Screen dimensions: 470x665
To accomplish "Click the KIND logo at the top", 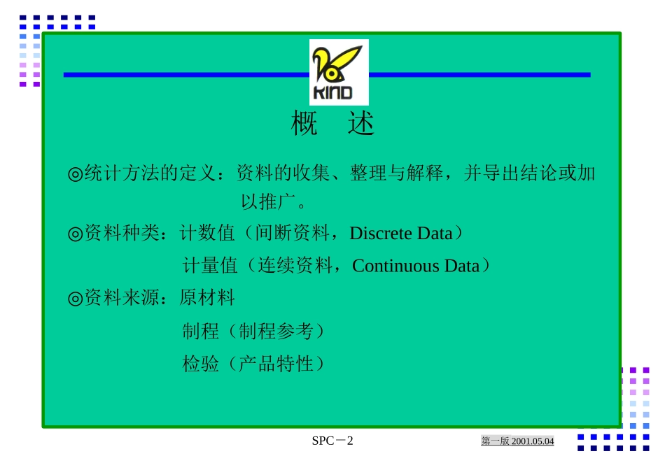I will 339,72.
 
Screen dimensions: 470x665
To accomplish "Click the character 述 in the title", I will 361,124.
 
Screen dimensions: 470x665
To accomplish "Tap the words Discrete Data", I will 401,233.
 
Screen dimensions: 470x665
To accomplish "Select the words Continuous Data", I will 416,266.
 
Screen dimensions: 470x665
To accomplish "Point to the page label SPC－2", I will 332,441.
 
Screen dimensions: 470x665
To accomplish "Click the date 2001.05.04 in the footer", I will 533,441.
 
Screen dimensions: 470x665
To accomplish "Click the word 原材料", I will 207,298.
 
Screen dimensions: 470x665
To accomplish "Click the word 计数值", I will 207,233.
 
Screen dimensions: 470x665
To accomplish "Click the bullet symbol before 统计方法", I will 75,173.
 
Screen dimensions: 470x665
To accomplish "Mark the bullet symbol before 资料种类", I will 75,234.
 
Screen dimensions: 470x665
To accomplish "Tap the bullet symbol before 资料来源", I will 75,299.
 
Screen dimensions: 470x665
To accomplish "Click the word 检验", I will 201,364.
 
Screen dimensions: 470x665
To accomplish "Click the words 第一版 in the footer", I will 496,441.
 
